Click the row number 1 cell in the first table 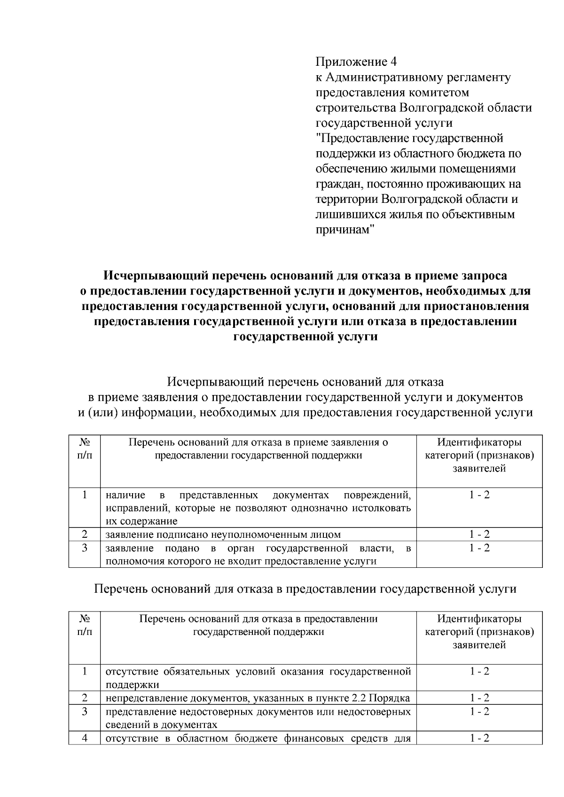[x=85, y=495]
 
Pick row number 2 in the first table [x=85, y=534]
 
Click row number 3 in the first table [x=85, y=548]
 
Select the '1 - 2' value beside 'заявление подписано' [x=479, y=534]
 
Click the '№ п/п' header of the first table [x=85, y=449]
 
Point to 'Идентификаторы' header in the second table [x=479, y=619]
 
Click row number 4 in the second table [x=85, y=738]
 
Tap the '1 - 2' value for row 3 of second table [x=479, y=712]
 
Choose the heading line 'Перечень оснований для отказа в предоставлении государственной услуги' [x=305, y=589]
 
